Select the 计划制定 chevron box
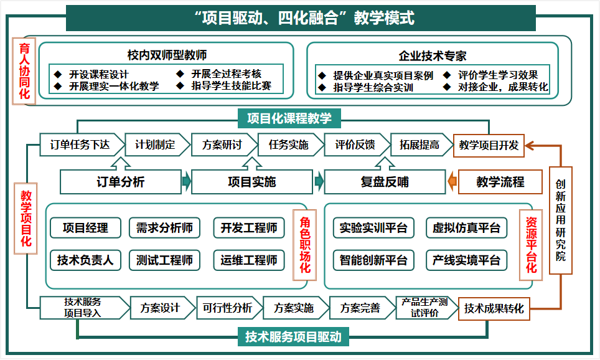click(x=157, y=144)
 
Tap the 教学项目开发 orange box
click(x=489, y=146)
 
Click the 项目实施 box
click(x=252, y=181)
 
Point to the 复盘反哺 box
click(x=385, y=181)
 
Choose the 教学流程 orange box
click(x=500, y=181)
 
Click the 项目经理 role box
click(x=85, y=228)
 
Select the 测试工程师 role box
click(x=164, y=260)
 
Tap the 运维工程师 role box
click(x=249, y=260)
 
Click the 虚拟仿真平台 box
click(x=466, y=228)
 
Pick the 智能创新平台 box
click(x=373, y=260)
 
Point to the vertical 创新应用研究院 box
click(x=561, y=220)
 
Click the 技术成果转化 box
click(x=494, y=309)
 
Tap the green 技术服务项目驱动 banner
click(x=293, y=336)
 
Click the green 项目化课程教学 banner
click(x=289, y=118)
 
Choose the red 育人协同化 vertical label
click(x=24, y=71)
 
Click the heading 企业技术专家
click(x=433, y=56)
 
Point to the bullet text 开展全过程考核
click(x=226, y=73)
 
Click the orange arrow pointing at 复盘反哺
click(x=452, y=181)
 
